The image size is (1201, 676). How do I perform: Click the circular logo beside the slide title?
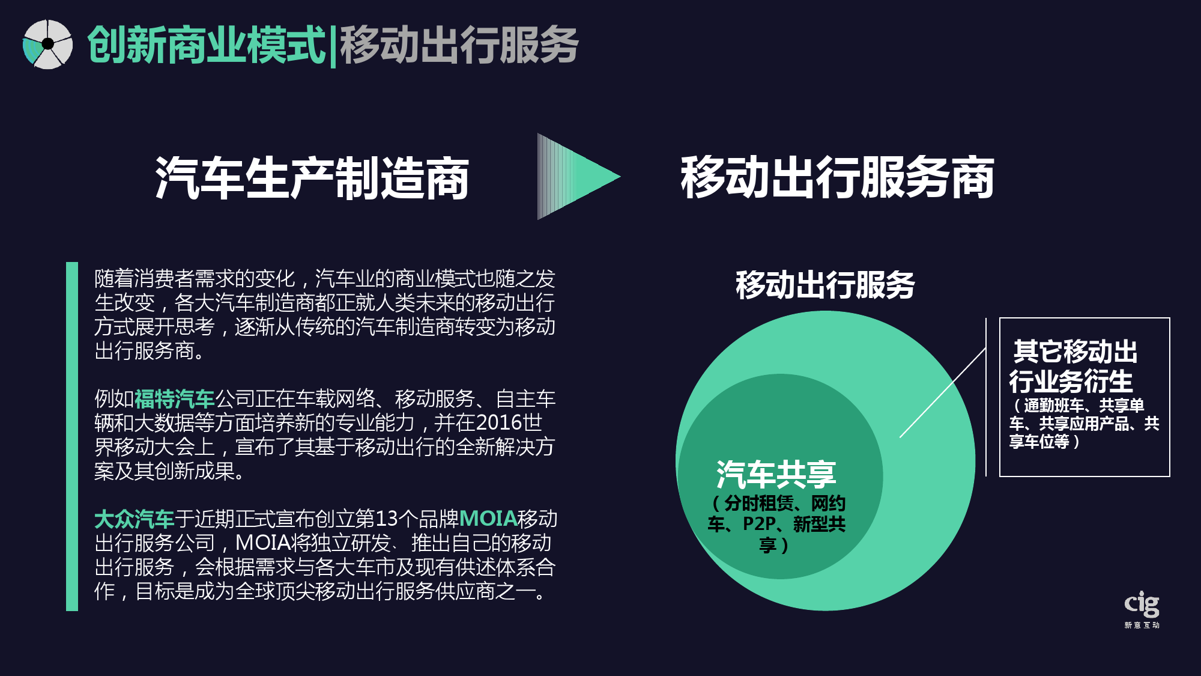pyautogui.click(x=47, y=44)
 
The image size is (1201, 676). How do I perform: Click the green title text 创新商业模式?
pyautogui.click(x=207, y=45)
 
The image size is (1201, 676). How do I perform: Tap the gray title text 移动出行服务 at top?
pyautogui.click(x=459, y=45)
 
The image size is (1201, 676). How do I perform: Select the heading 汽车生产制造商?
pyautogui.click(x=312, y=178)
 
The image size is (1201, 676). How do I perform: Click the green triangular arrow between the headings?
pyautogui.click(x=578, y=176)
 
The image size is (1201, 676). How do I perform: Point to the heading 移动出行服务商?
pyautogui.click(x=837, y=177)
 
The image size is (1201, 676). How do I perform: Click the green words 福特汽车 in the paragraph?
pyautogui.click(x=175, y=398)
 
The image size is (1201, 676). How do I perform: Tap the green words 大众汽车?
pyautogui.click(x=135, y=519)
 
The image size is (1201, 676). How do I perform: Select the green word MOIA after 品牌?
pyautogui.click(x=488, y=519)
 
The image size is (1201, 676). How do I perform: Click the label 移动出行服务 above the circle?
pyautogui.click(x=825, y=284)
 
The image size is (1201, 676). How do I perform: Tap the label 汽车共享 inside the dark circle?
pyautogui.click(x=776, y=474)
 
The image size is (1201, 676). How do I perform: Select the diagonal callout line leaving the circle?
pyautogui.click(x=943, y=392)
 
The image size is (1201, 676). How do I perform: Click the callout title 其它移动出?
pyautogui.click(x=1075, y=352)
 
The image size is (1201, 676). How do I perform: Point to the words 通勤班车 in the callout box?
pyautogui.click(x=1053, y=406)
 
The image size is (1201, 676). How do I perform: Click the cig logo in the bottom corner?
pyautogui.click(x=1142, y=604)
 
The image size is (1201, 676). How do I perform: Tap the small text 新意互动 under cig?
pyautogui.click(x=1142, y=626)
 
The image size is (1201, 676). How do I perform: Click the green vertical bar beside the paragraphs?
pyautogui.click(x=72, y=436)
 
